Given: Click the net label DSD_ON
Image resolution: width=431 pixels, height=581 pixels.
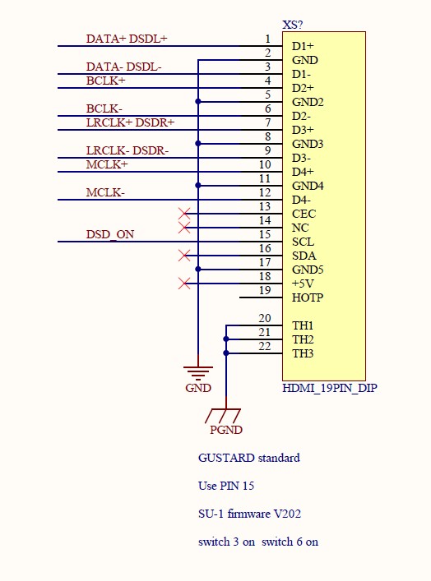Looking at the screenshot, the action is point(110,234).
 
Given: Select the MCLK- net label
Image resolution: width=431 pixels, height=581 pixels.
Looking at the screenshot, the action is point(105,192).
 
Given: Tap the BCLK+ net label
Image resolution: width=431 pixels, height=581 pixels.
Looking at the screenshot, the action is point(106,81).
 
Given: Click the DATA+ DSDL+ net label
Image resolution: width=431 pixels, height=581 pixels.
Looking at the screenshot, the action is point(127,39).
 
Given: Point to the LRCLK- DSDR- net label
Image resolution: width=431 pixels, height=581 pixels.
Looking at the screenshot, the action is point(127,151).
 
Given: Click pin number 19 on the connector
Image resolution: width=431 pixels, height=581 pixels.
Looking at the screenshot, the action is point(265,290).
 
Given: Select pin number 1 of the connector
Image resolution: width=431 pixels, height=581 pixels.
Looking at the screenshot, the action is point(268,39).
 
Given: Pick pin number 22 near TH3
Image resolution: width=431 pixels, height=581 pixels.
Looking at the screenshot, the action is point(265,346).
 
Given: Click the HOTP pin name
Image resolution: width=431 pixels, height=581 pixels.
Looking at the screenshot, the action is point(308,297).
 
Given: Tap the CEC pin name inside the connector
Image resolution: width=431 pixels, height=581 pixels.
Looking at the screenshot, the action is point(304,214).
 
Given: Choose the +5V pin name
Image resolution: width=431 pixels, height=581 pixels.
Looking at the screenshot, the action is point(303,284).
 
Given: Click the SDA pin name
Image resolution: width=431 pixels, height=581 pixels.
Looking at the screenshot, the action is point(304,256).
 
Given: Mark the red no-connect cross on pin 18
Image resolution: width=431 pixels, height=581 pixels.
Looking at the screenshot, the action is point(184,284).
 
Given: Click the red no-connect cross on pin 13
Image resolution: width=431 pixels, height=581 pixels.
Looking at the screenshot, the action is point(184,214).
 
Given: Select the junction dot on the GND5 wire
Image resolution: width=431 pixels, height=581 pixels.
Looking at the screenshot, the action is point(198,270).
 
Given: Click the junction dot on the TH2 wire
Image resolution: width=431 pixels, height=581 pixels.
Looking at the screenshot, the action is point(226,339).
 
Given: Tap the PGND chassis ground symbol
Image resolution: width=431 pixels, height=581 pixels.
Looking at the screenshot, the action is point(223,415).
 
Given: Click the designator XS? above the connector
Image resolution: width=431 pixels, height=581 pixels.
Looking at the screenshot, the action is point(293,25).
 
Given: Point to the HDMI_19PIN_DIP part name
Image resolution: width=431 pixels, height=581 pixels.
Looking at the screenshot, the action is point(330,388).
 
